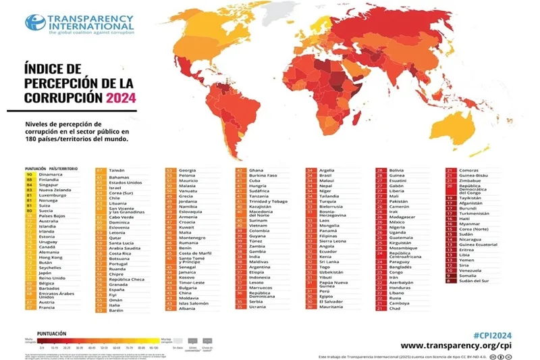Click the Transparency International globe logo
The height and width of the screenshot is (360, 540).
(35, 22)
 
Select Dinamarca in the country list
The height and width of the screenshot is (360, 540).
(51, 174)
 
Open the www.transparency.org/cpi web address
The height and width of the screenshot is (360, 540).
(473, 345)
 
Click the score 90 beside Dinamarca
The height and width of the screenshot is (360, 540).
(30, 174)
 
